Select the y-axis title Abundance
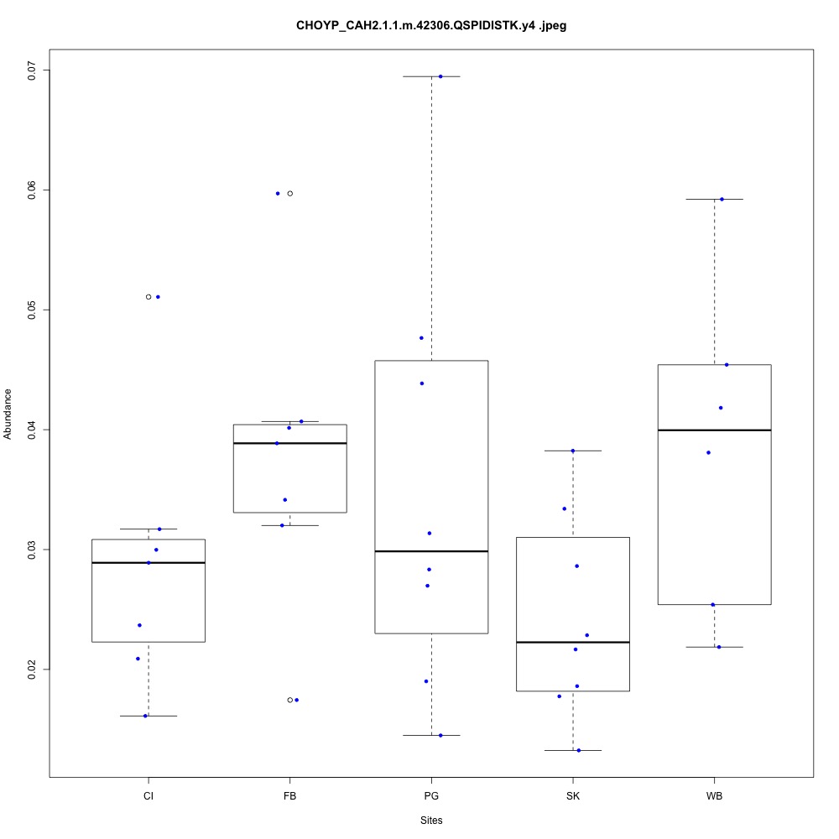(x=8, y=414)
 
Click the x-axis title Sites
(x=431, y=820)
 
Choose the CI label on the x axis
(x=149, y=795)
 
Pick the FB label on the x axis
(x=290, y=795)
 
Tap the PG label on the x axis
(x=431, y=795)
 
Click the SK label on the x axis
(x=573, y=795)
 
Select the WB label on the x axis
(x=714, y=795)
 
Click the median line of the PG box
(x=431, y=551)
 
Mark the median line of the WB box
(x=714, y=430)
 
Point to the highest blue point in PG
(x=440, y=76)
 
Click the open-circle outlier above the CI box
(x=149, y=297)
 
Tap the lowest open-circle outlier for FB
(x=290, y=700)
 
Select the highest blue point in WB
(x=722, y=199)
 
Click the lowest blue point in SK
(x=579, y=750)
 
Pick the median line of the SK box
(x=573, y=642)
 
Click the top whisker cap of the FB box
(x=290, y=421)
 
